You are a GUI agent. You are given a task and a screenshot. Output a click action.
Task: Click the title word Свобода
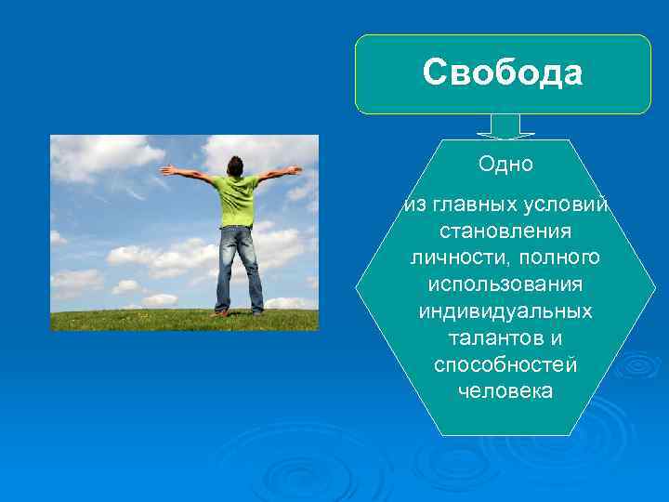(x=503, y=73)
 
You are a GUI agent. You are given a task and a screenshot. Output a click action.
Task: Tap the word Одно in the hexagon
(x=505, y=165)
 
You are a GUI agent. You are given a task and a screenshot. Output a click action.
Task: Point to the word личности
(x=450, y=256)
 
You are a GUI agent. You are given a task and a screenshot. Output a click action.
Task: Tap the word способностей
(x=505, y=363)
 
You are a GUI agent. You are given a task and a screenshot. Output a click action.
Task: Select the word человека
(x=505, y=390)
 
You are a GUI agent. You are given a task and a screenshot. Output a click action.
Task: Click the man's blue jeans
(x=238, y=265)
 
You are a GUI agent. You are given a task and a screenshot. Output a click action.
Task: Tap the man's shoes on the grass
(x=237, y=312)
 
